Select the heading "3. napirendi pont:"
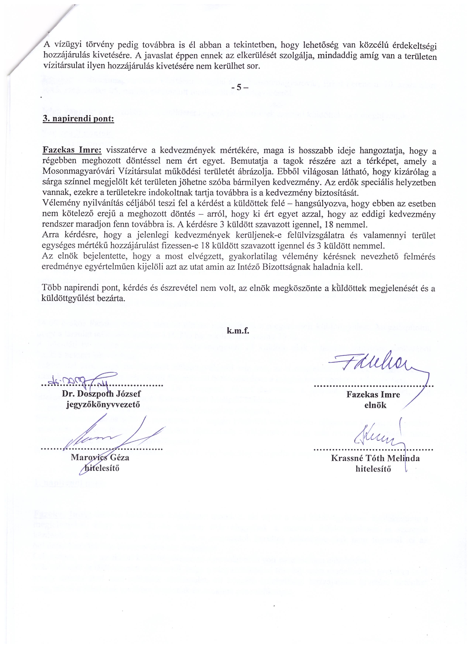[x=78, y=119]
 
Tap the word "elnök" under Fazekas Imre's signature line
[x=375, y=405]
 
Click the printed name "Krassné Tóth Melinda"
[x=375, y=458]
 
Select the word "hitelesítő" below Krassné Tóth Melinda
[x=373, y=469]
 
